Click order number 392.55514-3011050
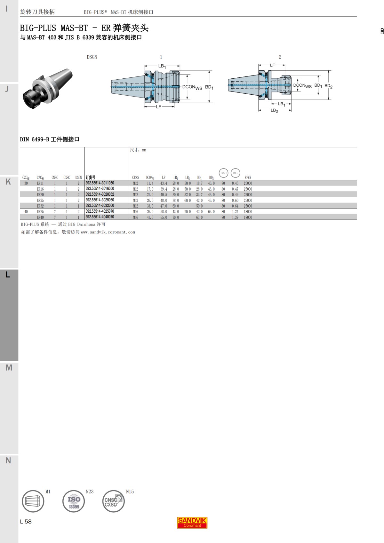pos(100,183)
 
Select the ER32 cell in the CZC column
pos(40,206)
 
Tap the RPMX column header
pos(248,177)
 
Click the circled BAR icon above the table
pos(223,173)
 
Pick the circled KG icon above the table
pos(235,173)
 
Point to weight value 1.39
pos(235,217)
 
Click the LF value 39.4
pos(164,189)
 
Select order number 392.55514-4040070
pos(100,217)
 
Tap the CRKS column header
pos(135,177)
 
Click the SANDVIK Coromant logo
pos(192,523)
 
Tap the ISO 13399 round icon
pos(74,501)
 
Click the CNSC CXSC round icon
pos(113,501)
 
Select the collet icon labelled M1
pos(33,501)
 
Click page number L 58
pos(26,522)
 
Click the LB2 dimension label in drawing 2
pos(274,110)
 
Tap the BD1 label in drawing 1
pos(209,87)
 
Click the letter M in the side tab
pos(9,368)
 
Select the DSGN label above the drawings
pos(92,57)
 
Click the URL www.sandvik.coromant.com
pos(108,232)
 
